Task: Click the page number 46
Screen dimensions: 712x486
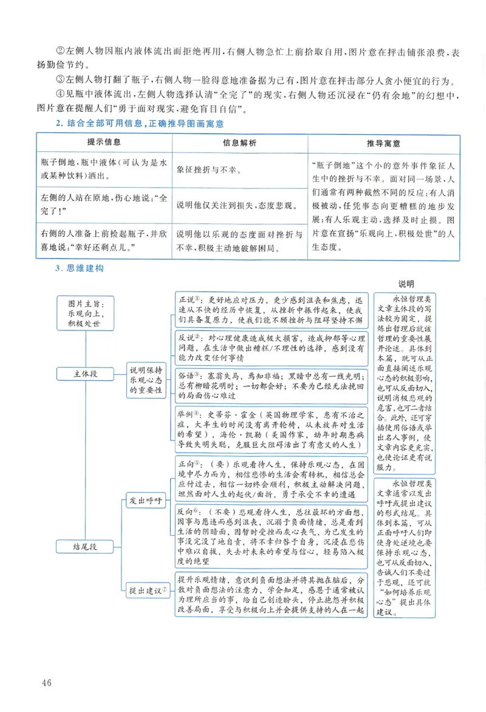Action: coord(47,682)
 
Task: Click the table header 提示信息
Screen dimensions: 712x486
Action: coord(104,142)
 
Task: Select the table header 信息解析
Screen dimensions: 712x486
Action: coord(239,143)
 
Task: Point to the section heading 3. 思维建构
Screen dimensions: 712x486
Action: coord(79,268)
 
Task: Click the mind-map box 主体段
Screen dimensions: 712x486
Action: coord(86,374)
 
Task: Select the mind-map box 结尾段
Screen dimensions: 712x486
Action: coord(86,547)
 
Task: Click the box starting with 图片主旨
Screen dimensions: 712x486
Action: coord(86,313)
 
